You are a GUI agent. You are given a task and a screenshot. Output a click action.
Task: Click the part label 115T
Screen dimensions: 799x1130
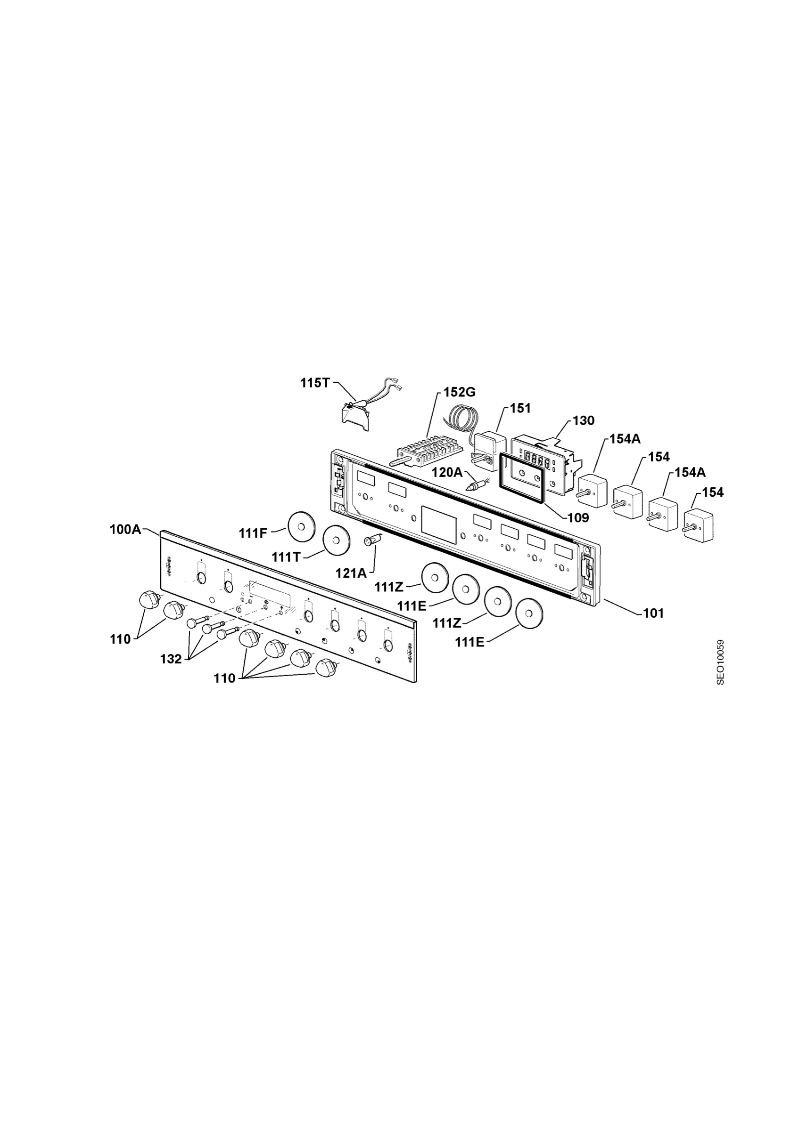[x=315, y=383]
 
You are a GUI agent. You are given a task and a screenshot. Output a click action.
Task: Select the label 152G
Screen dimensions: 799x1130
[x=460, y=392]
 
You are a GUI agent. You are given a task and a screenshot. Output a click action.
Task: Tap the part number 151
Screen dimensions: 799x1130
[x=520, y=408]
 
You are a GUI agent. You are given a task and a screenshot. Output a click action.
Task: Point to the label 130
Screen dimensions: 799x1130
[x=583, y=421]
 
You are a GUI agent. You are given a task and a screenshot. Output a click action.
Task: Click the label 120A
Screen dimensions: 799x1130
[x=447, y=472]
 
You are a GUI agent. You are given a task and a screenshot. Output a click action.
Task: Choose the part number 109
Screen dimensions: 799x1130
[x=578, y=518]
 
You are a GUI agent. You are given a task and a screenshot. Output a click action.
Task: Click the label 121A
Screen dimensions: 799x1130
[x=351, y=573]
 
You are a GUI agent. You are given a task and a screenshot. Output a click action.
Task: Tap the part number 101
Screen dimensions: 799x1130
[x=653, y=613]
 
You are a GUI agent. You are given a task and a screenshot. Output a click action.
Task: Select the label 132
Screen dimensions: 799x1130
[x=171, y=659]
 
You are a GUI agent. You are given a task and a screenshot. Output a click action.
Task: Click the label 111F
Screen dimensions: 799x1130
[x=253, y=533]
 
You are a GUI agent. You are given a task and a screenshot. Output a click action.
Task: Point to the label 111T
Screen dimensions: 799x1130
[x=286, y=557]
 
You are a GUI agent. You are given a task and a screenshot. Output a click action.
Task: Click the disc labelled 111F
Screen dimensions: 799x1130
[x=302, y=525]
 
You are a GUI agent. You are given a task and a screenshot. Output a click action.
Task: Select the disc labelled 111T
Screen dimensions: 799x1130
[x=337, y=540]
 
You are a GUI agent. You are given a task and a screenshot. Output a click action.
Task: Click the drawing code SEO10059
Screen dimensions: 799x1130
[x=721, y=662]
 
